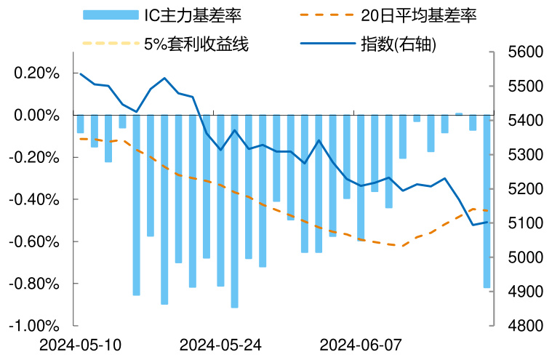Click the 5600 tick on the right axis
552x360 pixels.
pyautogui.click(x=524, y=52)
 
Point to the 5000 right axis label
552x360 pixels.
pyautogui.click(x=524, y=257)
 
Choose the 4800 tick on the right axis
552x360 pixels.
pyautogui.click(x=524, y=326)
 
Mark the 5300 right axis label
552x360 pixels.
pyautogui.click(x=524, y=155)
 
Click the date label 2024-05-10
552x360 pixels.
pyautogui.click(x=81, y=344)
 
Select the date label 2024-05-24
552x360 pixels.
pyautogui.click(x=220, y=344)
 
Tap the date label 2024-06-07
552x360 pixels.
pyautogui.click(x=361, y=344)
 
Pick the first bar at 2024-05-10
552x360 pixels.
pyautogui.click(x=80, y=124)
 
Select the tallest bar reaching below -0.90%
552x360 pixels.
pyautogui.click(x=234, y=211)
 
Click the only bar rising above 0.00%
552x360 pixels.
pyautogui.click(x=459, y=114)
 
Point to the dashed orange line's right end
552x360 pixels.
pyautogui.click(x=487, y=211)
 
